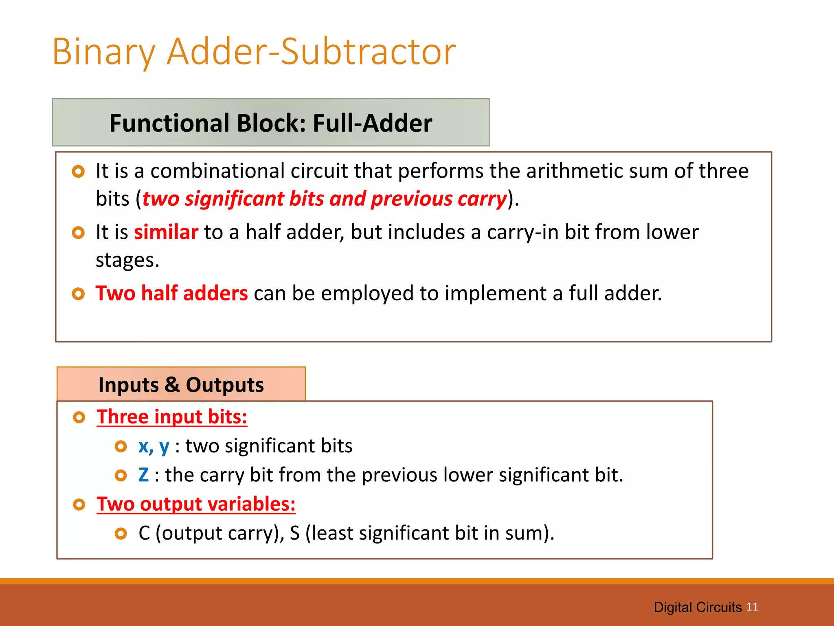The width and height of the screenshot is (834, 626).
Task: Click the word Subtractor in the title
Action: click(369, 52)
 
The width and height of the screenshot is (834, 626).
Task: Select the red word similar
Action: click(166, 232)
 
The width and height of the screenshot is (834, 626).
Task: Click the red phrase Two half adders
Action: click(171, 293)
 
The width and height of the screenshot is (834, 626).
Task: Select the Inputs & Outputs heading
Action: click(181, 385)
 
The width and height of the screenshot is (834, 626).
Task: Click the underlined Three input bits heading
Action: click(171, 417)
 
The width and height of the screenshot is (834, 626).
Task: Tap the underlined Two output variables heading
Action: click(196, 504)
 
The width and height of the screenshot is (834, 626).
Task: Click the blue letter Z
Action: click(143, 475)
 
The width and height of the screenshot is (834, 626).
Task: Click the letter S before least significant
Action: click(294, 533)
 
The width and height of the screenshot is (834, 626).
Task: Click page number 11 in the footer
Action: click(752, 607)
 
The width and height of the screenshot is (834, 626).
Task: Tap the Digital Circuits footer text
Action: click(697, 607)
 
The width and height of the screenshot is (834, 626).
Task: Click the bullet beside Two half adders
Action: click(78, 294)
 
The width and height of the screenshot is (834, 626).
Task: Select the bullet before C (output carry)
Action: click(121, 533)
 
